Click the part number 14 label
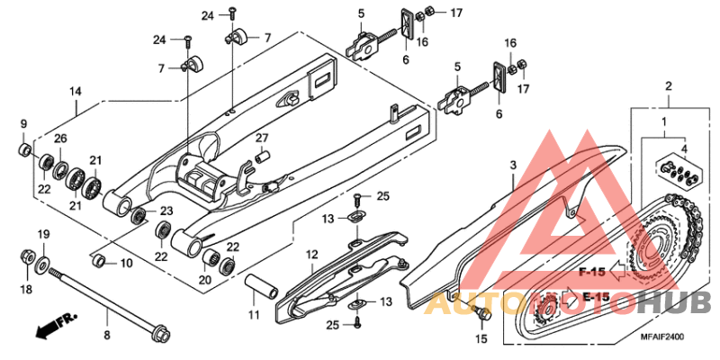[76, 91]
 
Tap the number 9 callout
[24, 124]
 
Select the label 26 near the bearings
[60, 138]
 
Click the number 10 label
[126, 263]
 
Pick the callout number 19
[42, 236]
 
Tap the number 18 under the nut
[25, 289]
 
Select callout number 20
[205, 280]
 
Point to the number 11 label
[253, 315]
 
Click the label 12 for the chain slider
[311, 255]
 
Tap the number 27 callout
[262, 137]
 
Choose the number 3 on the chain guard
[512, 166]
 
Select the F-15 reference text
[591, 271]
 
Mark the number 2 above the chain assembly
[669, 86]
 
